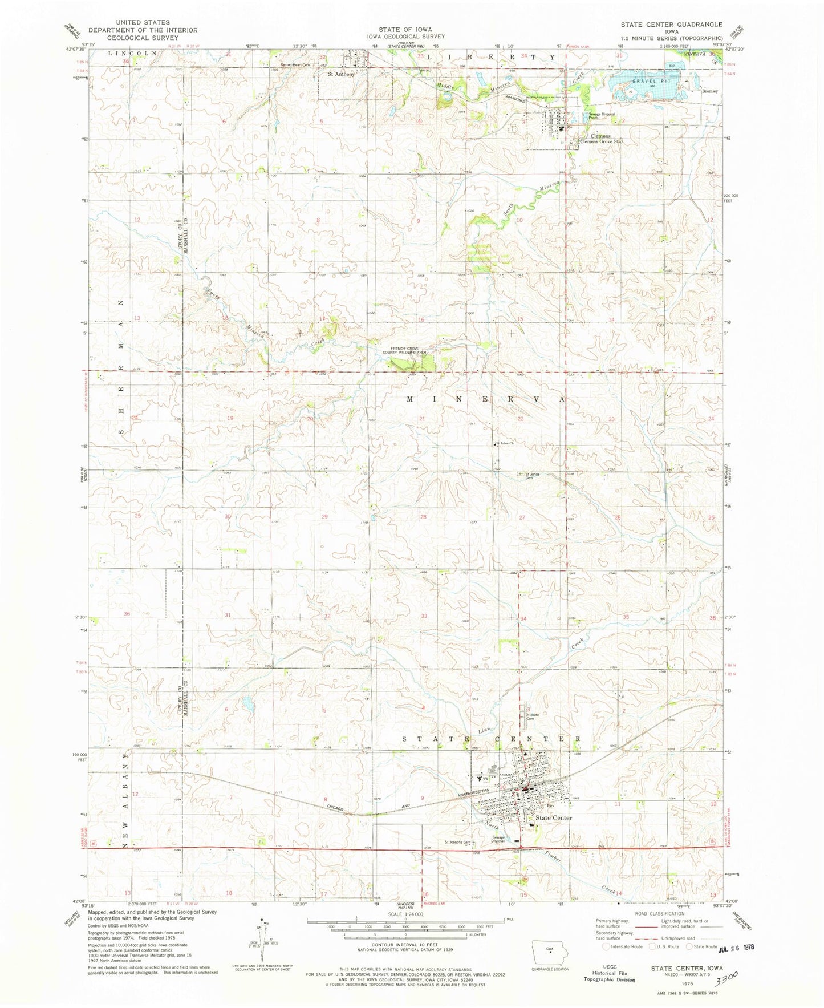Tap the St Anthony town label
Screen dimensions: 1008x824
pyautogui.click(x=341, y=74)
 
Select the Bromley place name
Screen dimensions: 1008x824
pyautogui.click(x=709, y=91)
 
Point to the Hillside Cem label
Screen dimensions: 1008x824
pyautogui.click(x=533, y=716)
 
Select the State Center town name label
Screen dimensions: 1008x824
pyautogui.click(x=553, y=818)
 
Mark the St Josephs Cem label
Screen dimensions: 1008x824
pyautogui.click(x=458, y=842)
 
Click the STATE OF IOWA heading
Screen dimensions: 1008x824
pyautogui.click(x=405, y=29)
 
